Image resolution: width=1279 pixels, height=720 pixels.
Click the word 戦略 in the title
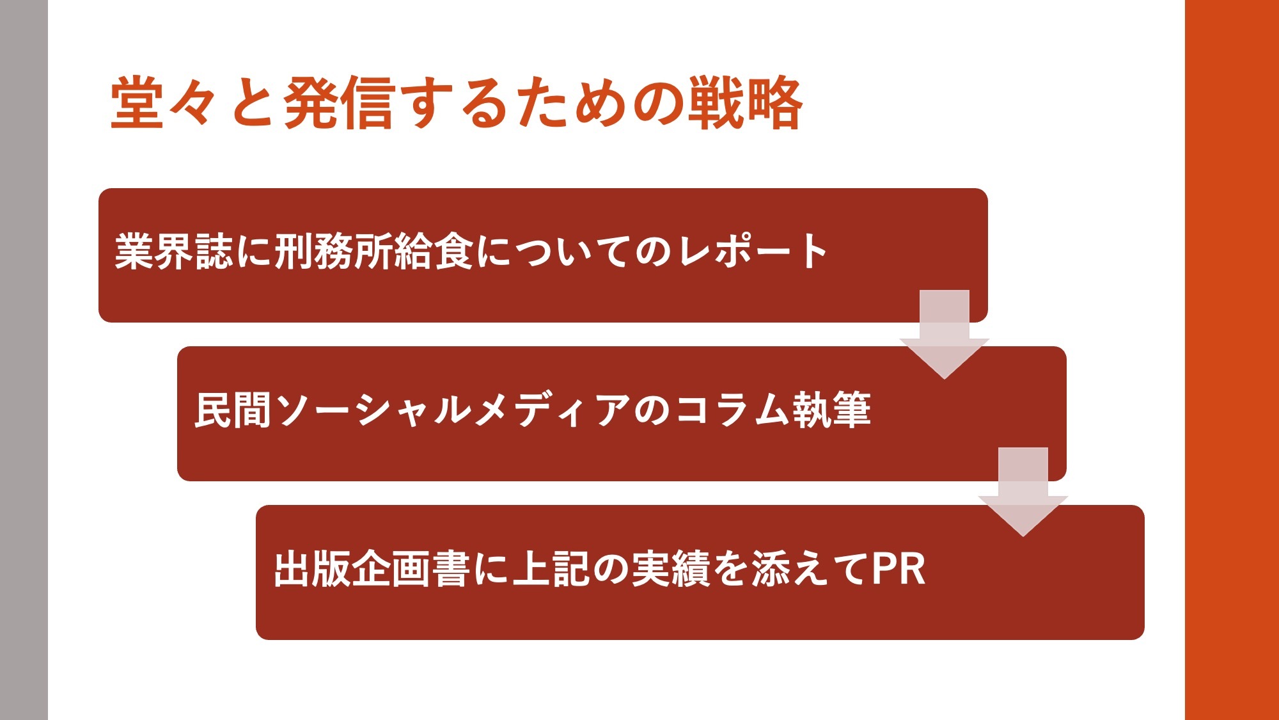pos(745,102)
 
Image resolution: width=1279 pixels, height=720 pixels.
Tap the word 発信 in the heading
pos(337,102)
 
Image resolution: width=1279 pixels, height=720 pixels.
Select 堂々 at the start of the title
pos(164,102)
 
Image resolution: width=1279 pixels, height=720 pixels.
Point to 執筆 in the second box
pos(831,410)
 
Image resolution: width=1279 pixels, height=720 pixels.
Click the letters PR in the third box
pos(898,568)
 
